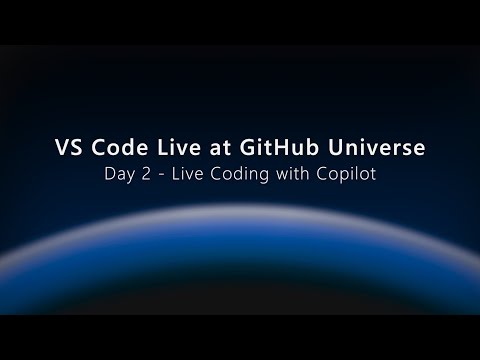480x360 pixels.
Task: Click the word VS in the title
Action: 68,147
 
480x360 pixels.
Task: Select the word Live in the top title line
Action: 175,147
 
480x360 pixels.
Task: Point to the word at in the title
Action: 218,147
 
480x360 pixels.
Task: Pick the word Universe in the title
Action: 375,147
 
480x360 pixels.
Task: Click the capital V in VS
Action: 60,147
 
